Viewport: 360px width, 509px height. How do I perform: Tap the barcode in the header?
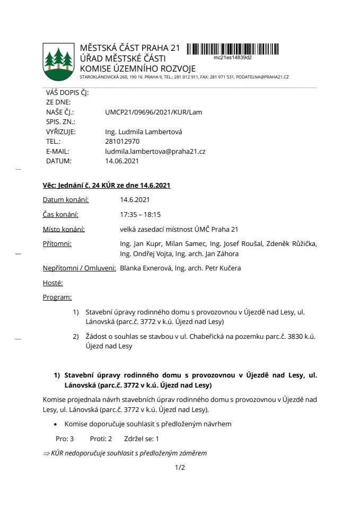click(x=234, y=49)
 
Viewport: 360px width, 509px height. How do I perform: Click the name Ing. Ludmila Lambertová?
click(x=144, y=132)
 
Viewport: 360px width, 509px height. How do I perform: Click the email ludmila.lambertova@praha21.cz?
click(x=155, y=151)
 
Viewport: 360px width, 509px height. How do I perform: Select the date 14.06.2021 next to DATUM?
click(x=122, y=161)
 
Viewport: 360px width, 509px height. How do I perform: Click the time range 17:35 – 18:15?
click(x=141, y=215)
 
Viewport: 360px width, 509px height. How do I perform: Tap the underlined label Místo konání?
click(x=64, y=230)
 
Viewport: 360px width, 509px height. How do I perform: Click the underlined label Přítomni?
click(x=57, y=244)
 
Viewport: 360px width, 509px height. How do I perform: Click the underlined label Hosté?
click(x=52, y=283)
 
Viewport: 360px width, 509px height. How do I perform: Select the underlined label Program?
click(x=57, y=297)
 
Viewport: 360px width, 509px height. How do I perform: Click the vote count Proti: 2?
click(x=101, y=439)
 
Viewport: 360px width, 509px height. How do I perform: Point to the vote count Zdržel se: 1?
click(x=141, y=439)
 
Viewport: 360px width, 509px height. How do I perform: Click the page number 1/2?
click(x=180, y=468)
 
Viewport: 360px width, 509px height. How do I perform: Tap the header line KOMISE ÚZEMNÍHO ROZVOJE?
click(x=137, y=68)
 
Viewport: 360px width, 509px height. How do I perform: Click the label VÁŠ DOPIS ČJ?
click(x=67, y=93)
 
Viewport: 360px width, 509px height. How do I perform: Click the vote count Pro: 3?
click(x=64, y=439)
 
